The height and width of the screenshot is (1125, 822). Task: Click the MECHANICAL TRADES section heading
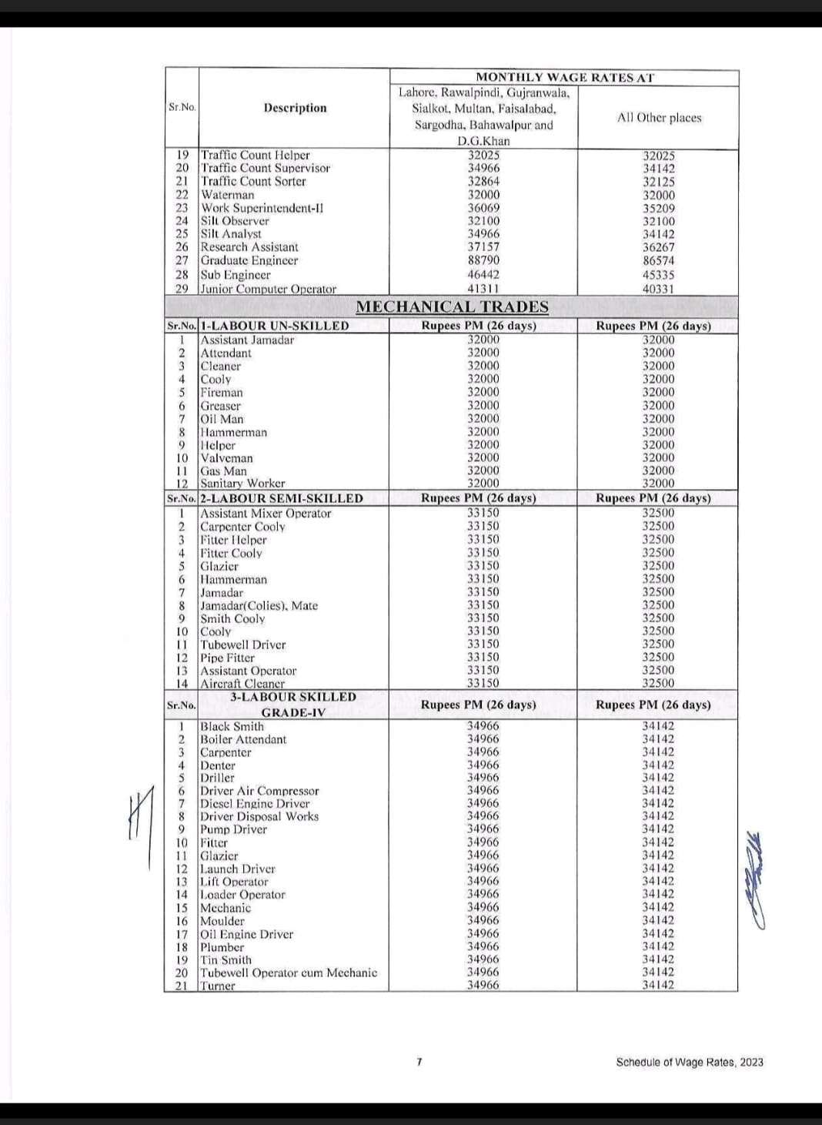click(x=452, y=306)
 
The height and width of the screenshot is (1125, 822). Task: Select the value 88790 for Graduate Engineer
click(x=483, y=260)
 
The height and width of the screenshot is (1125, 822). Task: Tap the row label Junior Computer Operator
click(x=268, y=289)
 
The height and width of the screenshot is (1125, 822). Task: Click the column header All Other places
click(x=659, y=118)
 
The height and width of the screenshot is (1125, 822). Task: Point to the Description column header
click(x=295, y=108)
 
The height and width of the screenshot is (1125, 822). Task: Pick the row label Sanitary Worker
click(x=242, y=484)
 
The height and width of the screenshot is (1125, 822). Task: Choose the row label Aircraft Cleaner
click(x=242, y=684)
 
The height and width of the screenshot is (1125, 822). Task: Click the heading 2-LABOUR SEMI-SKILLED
click(x=282, y=498)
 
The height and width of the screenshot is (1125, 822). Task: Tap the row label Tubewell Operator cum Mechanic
click(x=289, y=973)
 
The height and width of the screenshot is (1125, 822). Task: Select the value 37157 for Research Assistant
click(x=483, y=247)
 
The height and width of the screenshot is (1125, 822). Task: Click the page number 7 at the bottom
click(x=419, y=1062)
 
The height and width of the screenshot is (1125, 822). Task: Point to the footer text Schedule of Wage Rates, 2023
click(x=690, y=1062)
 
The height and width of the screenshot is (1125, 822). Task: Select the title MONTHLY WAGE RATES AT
click(x=564, y=77)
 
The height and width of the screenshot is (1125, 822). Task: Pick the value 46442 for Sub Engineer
click(x=483, y=274)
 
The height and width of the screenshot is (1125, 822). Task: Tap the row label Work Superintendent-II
click(x=262, y=208)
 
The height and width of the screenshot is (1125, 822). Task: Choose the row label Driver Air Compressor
click(x=259, y=791)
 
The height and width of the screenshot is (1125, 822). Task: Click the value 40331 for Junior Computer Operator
click(x=658, y=289)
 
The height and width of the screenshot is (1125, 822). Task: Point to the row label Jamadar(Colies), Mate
click(x=259, y=605)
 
